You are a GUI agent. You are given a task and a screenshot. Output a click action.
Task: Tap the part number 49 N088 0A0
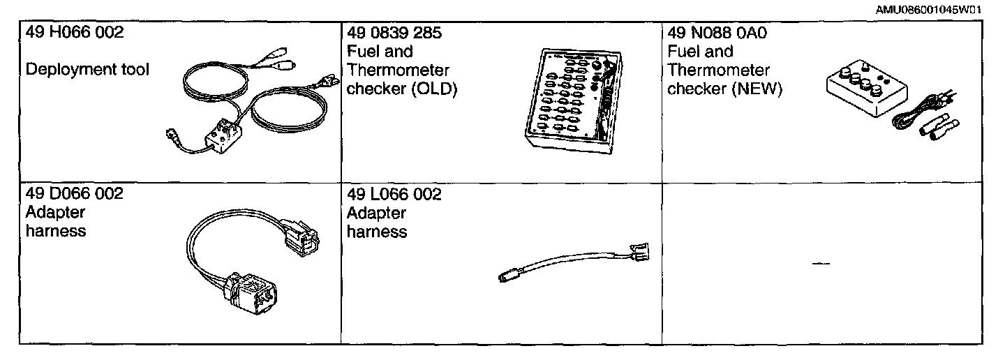click(x=717, y=33)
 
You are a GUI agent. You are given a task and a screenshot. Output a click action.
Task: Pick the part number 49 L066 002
click(x=394, y=194)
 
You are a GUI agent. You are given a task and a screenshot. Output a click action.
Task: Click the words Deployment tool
click(x=87, y=70)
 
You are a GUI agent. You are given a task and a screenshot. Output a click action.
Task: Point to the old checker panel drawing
click(x=572, y=101)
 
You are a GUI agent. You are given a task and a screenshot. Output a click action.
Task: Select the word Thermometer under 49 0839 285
click(x=398, y=70)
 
